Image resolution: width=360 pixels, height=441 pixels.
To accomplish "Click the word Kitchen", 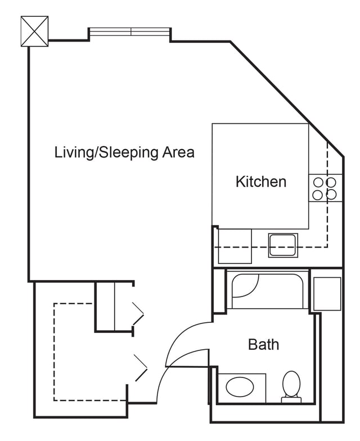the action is (x=261, y=182).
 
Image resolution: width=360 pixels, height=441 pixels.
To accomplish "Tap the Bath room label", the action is (x=263, y=344).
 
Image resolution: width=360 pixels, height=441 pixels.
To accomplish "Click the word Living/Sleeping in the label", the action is (x=106, y=153).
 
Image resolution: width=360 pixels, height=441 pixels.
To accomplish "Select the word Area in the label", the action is (x=178, y=152).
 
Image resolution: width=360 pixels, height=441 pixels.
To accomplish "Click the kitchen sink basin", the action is (x=283, y=245).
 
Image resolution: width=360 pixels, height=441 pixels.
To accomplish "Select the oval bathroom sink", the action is (x=240, y=387).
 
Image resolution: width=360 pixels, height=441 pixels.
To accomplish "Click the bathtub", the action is (x=268, y=291).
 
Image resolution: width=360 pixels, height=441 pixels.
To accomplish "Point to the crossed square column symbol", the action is (x=35, y=31).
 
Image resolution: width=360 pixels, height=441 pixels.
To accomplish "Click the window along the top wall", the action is (x=129, y=31).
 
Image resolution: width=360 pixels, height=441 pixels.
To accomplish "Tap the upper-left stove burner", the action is (x=318, y=182).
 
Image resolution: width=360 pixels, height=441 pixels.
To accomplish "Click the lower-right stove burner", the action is (x=331, y=195).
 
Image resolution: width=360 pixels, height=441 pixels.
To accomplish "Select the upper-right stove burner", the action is (x=331, y=182).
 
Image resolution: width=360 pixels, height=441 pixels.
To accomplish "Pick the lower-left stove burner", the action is (x=318, y=195).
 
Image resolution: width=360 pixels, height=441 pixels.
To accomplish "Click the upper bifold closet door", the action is (x=138, y=313).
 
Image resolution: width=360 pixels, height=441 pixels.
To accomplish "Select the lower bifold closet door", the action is (x=141, y=368).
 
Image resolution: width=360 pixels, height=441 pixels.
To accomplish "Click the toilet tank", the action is (x=291, y=399).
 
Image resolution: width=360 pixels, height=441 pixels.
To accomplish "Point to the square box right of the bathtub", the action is (x=327, y=294).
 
